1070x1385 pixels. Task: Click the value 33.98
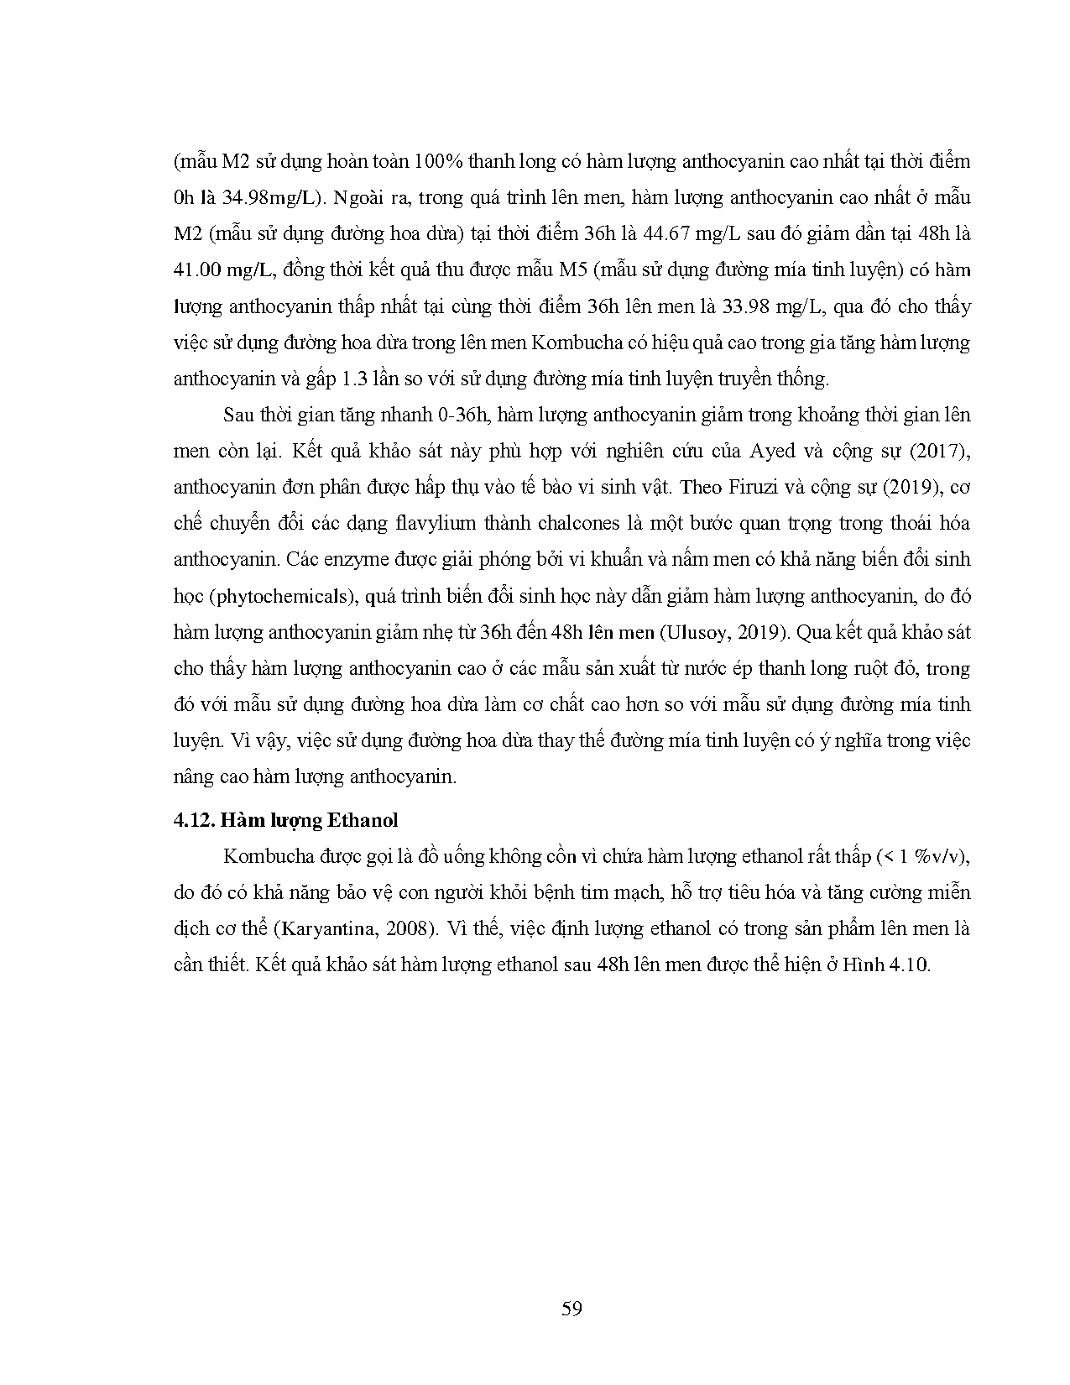742,306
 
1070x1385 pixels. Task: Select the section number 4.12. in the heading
194,820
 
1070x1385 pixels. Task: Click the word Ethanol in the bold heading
362,820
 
